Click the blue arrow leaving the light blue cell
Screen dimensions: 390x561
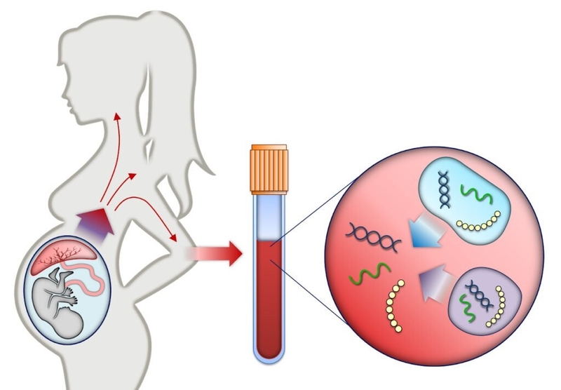pyautogui.click(x=424, y=236)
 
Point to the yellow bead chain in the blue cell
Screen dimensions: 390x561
pyautogui.click(x=476, y=225)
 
